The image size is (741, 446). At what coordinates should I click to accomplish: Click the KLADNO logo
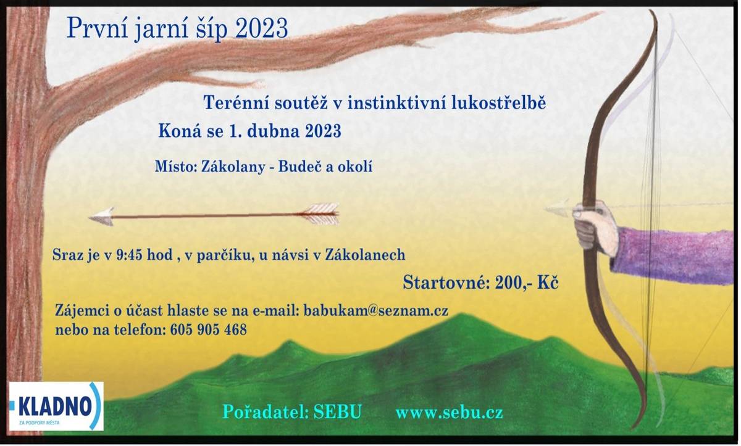56,406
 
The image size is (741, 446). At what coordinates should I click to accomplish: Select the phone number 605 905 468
207,330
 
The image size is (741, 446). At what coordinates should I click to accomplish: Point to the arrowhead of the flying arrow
101,217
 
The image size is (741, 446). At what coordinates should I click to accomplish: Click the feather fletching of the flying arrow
320,213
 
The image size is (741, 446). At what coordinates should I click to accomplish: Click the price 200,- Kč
527,283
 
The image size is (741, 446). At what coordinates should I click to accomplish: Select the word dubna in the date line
274,131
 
